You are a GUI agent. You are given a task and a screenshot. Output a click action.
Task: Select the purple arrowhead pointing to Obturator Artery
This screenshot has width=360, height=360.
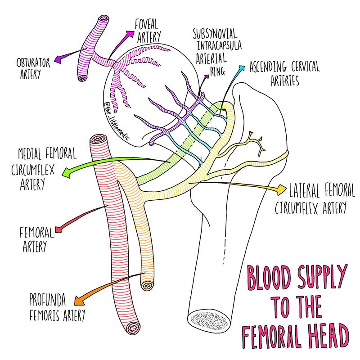tap(58, 58)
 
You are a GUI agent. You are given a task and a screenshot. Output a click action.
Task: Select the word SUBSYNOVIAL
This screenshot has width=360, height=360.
tap(215, 35)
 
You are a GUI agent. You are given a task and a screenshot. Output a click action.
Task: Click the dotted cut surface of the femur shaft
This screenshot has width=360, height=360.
tap(207, 319)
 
